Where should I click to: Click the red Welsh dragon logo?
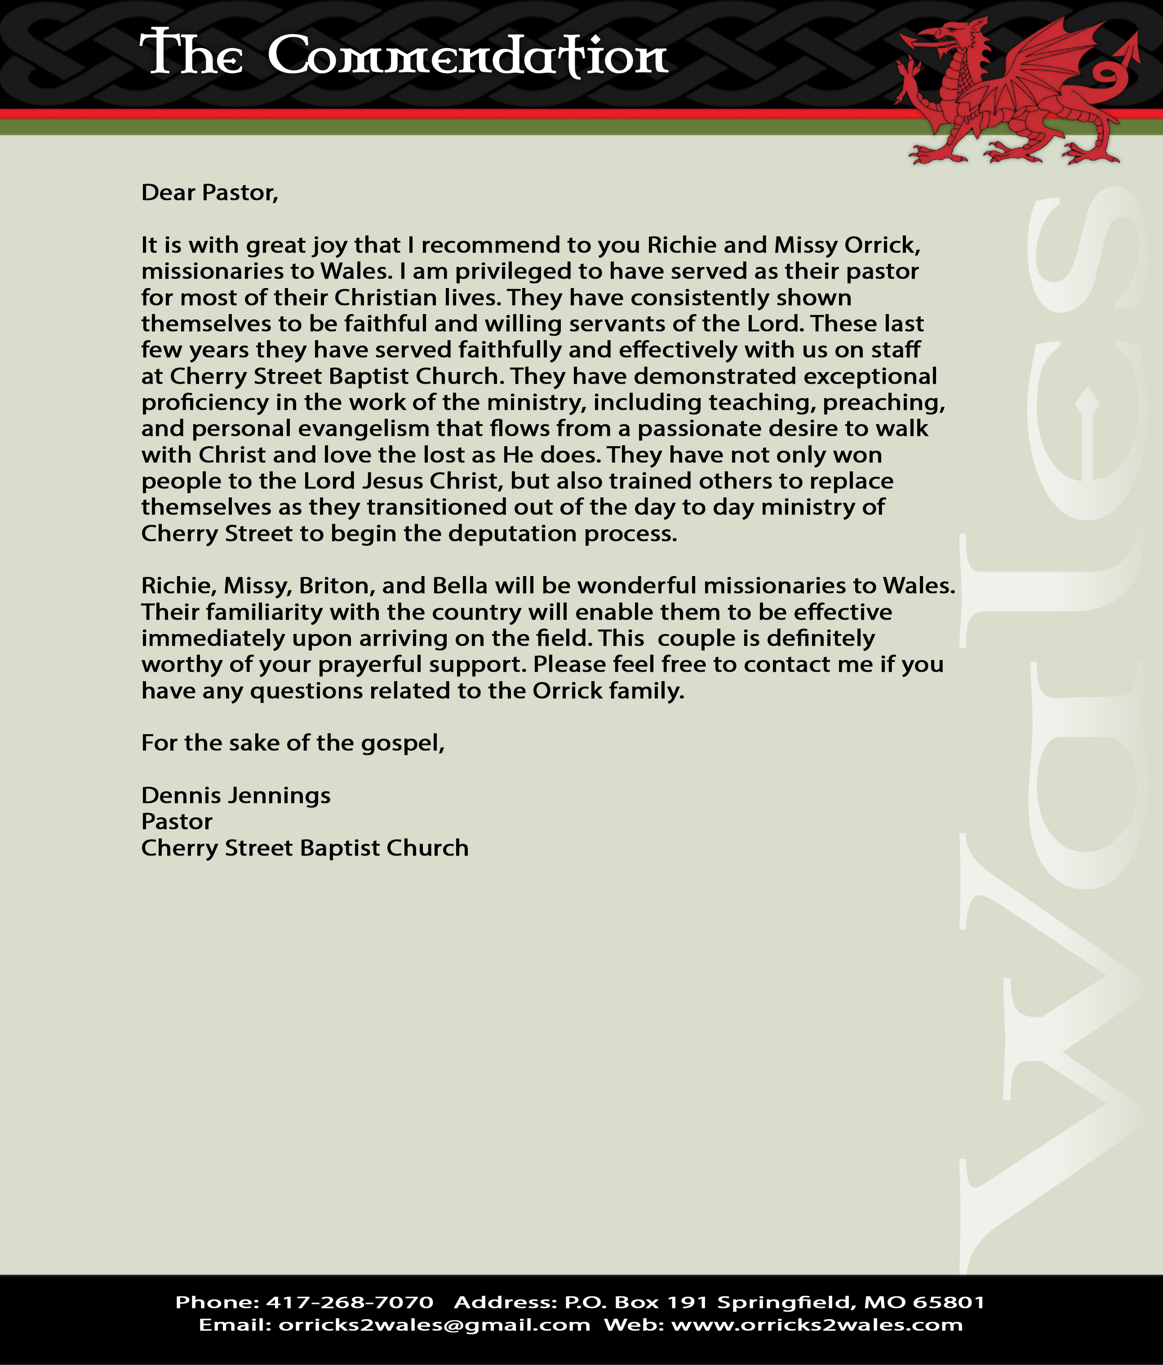tap(1015, 92)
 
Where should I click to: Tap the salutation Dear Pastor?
tap(209, 192)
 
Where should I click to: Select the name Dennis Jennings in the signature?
tap(236, 795)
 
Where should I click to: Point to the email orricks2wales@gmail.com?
tap(434, 1325)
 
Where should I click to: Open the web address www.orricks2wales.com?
tap(817, 1325)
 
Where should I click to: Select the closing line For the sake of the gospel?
tap(293, 743)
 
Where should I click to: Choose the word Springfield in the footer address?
tap(787, 1303)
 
